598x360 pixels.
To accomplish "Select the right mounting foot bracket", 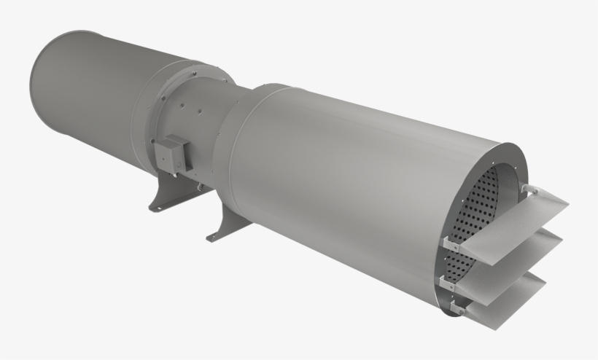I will tap(223, 227).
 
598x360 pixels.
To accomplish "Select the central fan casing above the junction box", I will tap(197, 109).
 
